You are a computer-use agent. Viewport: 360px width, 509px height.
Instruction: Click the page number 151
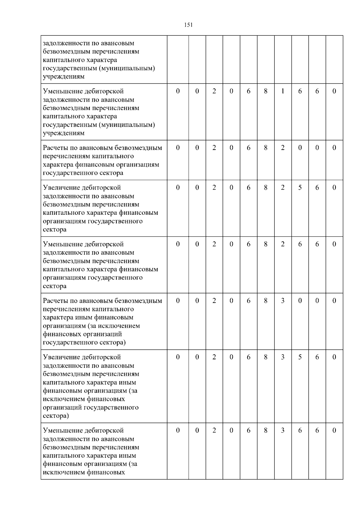click(x=188, y=25)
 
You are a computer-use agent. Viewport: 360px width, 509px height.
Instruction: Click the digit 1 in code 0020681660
click(x=283, y=91)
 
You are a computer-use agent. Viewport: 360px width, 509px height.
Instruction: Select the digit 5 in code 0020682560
click(x=300, y=188)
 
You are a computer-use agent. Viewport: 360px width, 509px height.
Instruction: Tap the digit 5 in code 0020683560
click(x=300, y=357)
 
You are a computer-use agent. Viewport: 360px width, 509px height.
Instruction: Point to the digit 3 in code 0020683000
click(x=283, y=301)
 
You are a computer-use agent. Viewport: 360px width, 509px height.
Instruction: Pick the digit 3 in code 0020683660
click(x=283, y=431)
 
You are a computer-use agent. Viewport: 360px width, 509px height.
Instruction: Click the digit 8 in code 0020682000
click(x=265, y=148)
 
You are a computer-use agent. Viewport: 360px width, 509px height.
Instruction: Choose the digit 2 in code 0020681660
click(x=214, y=91)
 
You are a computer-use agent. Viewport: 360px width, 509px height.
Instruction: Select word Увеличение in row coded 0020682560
click(x=62, y=188)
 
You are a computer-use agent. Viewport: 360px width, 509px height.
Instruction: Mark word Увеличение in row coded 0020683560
click(x=62, y=357)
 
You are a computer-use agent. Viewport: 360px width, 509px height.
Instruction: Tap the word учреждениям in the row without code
click(x=64, y=76)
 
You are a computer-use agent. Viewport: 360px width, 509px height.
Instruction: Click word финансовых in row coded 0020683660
click(x=106, y=473)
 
